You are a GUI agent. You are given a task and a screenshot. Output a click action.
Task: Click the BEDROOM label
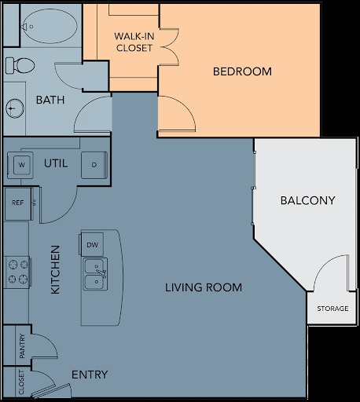[242, 71]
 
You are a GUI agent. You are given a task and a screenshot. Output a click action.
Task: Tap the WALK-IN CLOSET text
[134, 42]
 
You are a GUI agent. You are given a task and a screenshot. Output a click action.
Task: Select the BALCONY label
[307, 200]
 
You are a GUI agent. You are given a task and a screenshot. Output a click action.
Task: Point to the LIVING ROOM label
[204, 287]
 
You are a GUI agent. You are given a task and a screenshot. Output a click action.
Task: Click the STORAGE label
[332, 309]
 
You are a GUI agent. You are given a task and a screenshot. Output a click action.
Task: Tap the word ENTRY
[90, 375]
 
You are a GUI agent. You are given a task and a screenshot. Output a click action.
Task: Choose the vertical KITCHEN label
[56, 269]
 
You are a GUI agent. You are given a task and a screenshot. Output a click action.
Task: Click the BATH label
[50, 100]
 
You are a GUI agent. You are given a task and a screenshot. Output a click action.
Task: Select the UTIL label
[56, 163]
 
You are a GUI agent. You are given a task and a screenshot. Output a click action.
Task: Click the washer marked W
[21, 165]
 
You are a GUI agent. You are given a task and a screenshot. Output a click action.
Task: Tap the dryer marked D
[94, 165]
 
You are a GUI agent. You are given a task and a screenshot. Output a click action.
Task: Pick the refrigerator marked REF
[17, 203]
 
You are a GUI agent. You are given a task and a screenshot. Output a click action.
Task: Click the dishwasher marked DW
[93, 246]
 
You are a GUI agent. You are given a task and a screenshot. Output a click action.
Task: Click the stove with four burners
[17, 272]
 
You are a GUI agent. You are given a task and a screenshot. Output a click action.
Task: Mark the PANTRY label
[22, 346]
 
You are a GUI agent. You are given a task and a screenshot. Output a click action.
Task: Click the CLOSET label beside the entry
[22, 384]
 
